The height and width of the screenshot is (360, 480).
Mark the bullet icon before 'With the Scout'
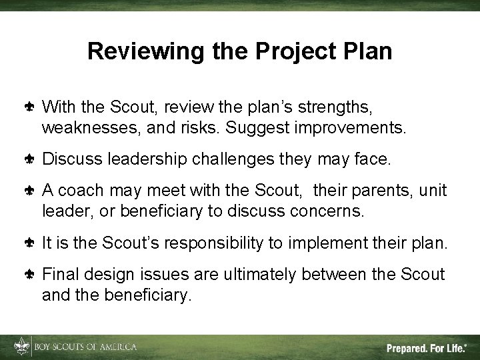pyautogui.click(x=31, y=107)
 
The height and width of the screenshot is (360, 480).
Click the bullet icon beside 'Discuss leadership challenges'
pyautogui.click(x=31, y=160)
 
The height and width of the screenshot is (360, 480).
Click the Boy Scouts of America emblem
pyautogui.click(x=19, y=347)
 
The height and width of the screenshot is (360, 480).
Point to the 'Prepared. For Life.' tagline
pyautogui.click(x=427, y=348)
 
